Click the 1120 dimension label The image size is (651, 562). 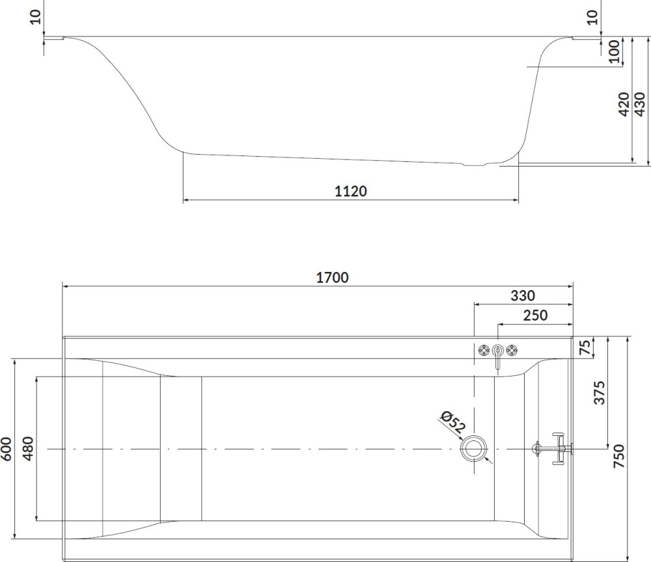point(351,191)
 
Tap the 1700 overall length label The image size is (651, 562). point(332,278)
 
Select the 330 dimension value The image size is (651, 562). point(523,296)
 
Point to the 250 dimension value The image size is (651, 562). point(535,315)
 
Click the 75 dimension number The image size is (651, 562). point(585,347)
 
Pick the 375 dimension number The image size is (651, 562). point(599,393)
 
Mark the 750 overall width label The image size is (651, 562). point(618,456)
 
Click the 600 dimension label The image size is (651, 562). point(7,449)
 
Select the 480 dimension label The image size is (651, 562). point(28,448)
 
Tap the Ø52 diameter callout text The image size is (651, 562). point(452,421)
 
